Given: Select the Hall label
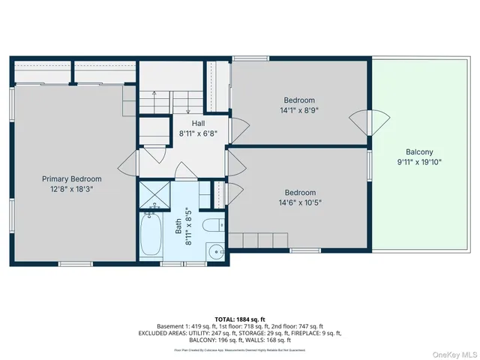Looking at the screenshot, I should click(198, 124).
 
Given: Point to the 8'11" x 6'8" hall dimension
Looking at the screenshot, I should click(198, 133).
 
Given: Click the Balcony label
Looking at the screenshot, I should click(419, 151).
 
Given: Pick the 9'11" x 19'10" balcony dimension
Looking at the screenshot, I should click(419, 161).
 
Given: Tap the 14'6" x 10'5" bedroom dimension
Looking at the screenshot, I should click(299, 202).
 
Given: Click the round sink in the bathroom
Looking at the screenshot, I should click(215, 250).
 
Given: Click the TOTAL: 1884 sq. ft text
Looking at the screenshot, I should click(240, 319).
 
